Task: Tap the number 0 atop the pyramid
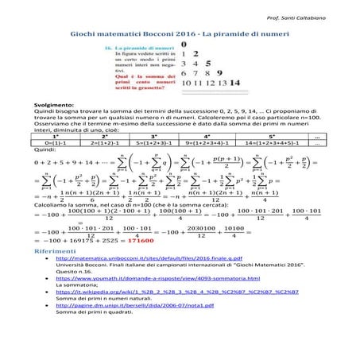185,46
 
